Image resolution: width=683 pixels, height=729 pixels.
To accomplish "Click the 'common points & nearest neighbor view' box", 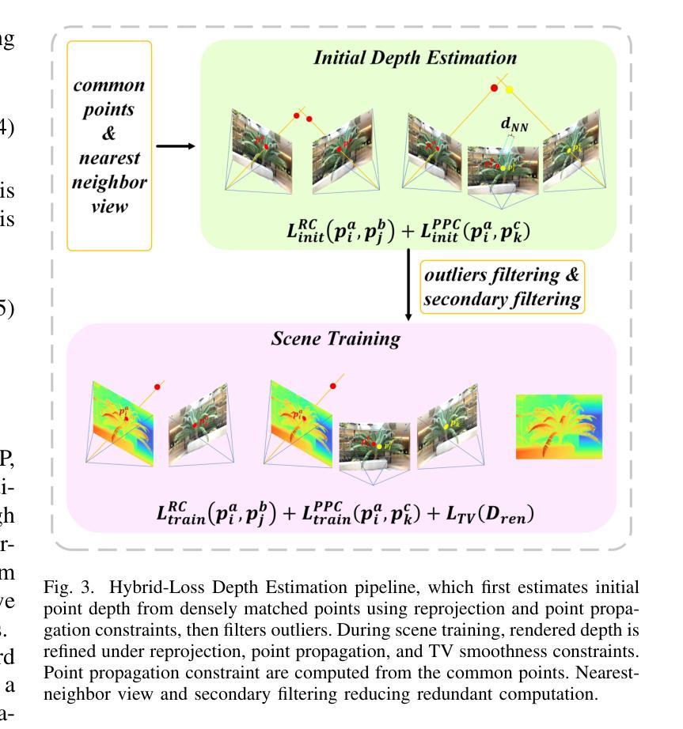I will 109,145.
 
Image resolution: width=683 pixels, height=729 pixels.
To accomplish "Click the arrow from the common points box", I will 176,145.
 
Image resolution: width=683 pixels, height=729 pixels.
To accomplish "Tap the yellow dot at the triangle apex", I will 510,89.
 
